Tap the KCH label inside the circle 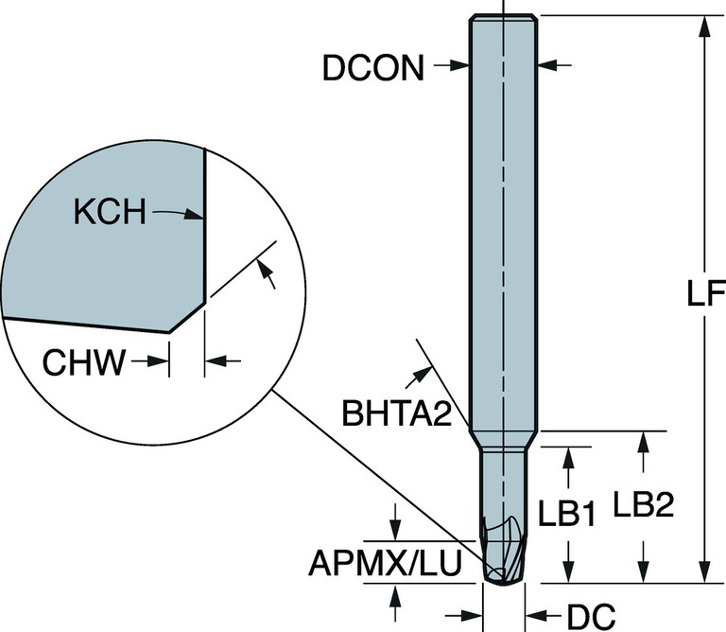click(110, 214)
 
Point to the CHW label click(83, 362)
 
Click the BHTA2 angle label click(395, 413)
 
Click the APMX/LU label click(386, 564)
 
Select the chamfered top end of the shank click(505, 18)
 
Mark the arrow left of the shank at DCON click(461, 66)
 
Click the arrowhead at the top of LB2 click(644, 442)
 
